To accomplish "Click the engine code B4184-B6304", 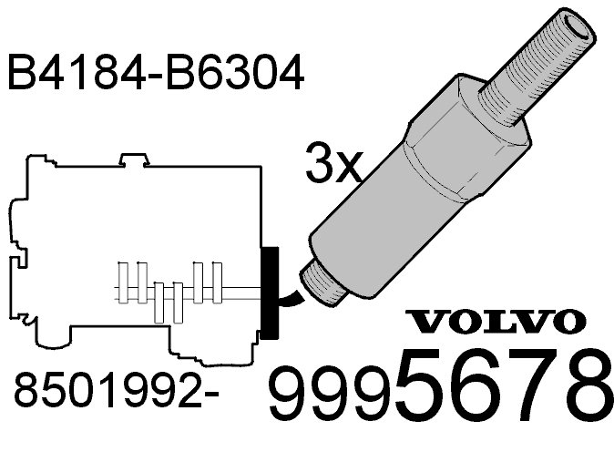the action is coord(156,73).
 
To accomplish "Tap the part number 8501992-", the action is coord(116,390).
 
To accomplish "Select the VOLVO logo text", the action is coord(496,321).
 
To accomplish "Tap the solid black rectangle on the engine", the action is coord(270,293).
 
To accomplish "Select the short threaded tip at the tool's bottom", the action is coord(322,282).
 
